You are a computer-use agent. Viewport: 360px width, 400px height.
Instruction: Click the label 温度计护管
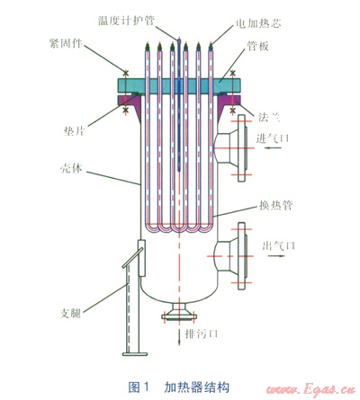pyautogui.click(x=126, y=21)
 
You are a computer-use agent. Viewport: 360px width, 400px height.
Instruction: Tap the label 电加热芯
pyautogui.click(x=258, y=23)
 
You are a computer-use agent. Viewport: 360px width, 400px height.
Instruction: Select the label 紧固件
pyautogui.click(x=66, y=43)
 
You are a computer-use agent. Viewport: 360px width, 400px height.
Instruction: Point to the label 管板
pyautogui.click(x=257, y=46)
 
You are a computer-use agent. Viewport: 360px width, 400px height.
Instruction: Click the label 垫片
pyautogui.click(x=74, y=130)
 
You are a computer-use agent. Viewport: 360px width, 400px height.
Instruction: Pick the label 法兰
pyautogui.click(x=269, y=117)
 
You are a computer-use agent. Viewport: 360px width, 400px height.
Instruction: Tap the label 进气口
pyautogui.click(x=273, y=138)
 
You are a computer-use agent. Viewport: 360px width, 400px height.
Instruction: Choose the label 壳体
pyautogui.click(x=71, y=168)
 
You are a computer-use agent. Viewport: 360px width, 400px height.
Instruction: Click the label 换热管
pyautogui.click(x=275, y=206)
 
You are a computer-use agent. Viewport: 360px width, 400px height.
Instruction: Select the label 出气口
pyautogui.click(x=279, y=245)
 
